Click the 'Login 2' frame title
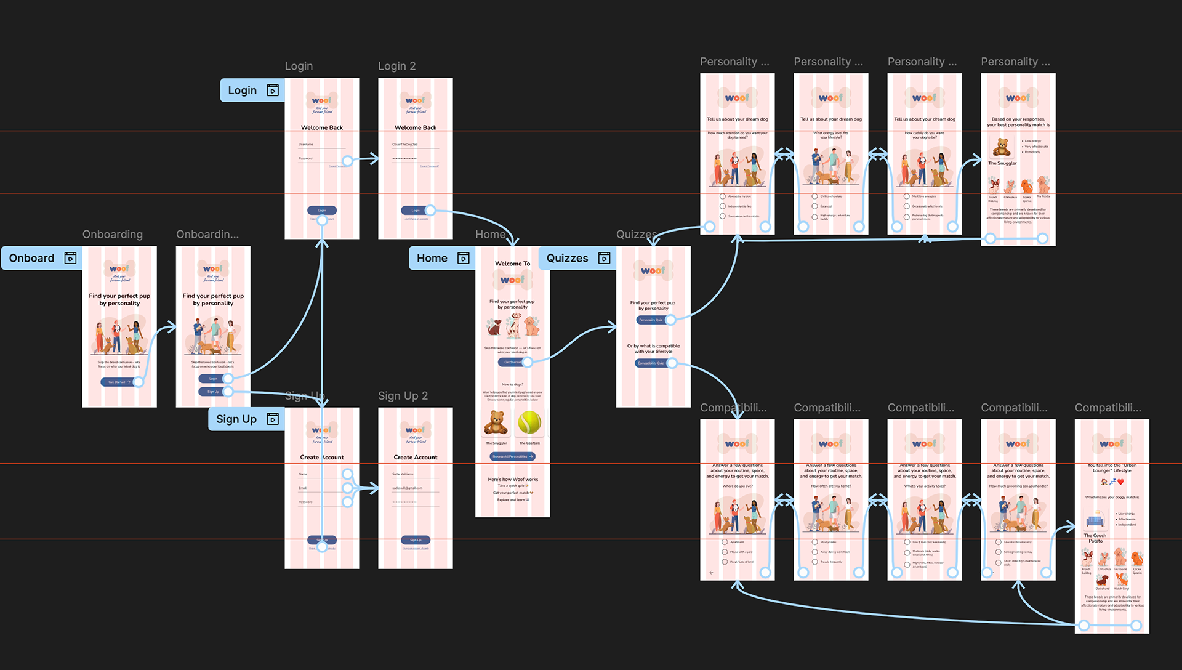pos(396,66)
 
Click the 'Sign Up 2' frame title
pos(403,396)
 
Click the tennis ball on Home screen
pos(529,422)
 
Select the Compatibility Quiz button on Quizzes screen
pos(651,363)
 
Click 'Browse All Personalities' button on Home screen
pos(512,456)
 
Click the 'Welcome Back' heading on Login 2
pos(416,127)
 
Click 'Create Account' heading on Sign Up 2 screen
pos(416,458)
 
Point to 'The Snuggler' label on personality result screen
pos(1002,163)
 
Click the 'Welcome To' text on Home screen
pos(512,264)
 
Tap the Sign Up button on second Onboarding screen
pos(212,392)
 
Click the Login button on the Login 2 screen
pos(415,211)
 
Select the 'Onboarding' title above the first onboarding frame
pos(113,235)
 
